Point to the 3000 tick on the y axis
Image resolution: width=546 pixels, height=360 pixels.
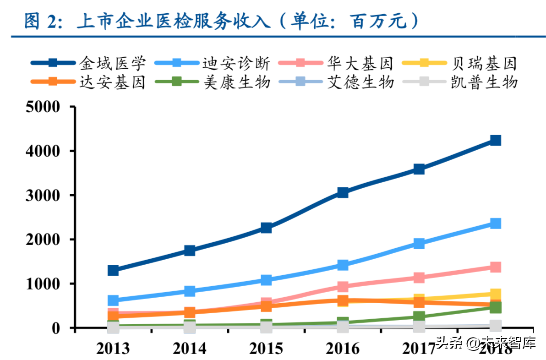(x=43, y=195)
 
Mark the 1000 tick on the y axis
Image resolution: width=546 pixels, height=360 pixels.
(x=43, y=284)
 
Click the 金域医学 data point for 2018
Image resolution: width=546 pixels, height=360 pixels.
(x=495, y=140)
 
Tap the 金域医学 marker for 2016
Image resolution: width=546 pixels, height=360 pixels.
(x=343, y=192)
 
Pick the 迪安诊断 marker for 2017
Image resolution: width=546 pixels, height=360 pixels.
(x=419, y=243)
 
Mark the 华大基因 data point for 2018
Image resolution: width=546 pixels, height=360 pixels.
(x=495, y=267)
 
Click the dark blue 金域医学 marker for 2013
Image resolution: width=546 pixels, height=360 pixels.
(x=113, y=271)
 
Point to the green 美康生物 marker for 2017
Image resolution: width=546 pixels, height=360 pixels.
(x=419, y=316)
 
